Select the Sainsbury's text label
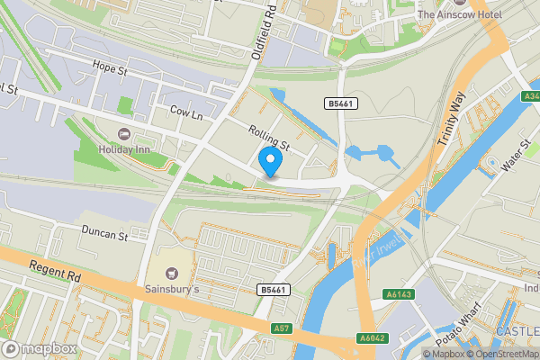(172, 291)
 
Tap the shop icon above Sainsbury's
(172, 273)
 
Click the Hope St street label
(112, 66)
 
